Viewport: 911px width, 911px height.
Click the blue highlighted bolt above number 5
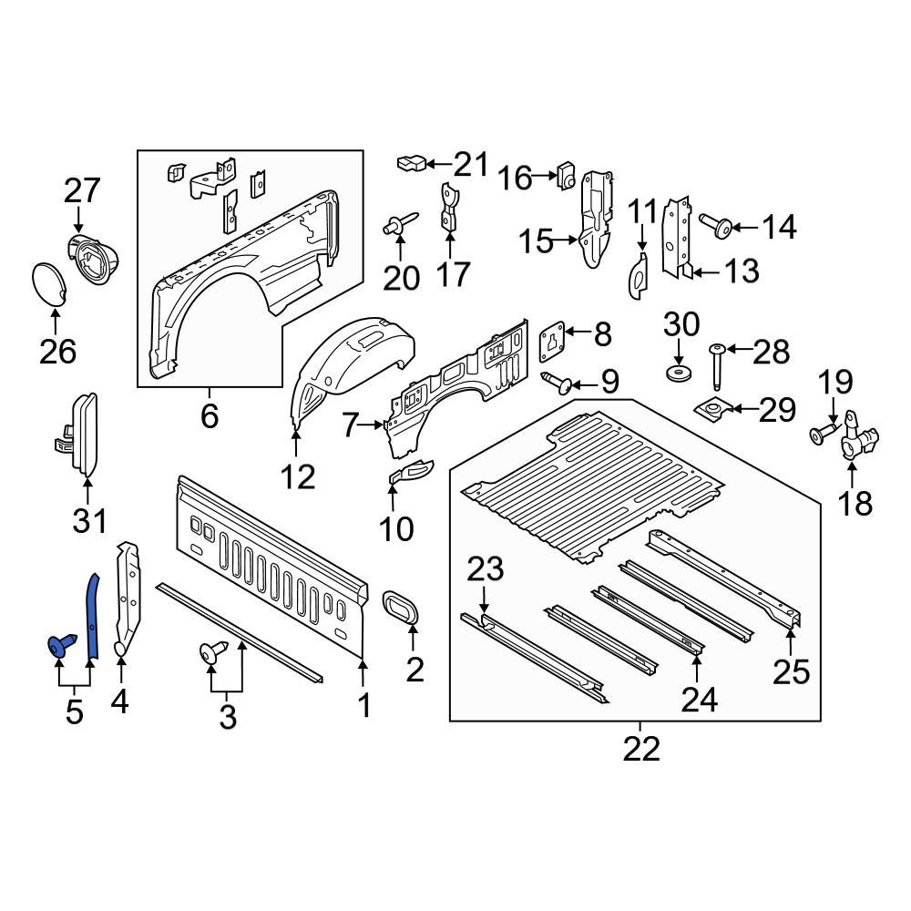click(x=59, y=646)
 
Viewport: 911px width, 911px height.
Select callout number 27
click(x=82, y=192)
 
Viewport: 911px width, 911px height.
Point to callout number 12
click(x=297, y=476)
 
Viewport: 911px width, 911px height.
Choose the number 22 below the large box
click(x=641, y=749)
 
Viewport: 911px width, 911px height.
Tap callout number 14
click(x=778, y=227)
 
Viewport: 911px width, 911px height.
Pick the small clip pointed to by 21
click(x=411, y=164)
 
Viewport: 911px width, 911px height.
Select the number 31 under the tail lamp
click(x=89, y=521)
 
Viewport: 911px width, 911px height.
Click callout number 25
click(x=791, y=671)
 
